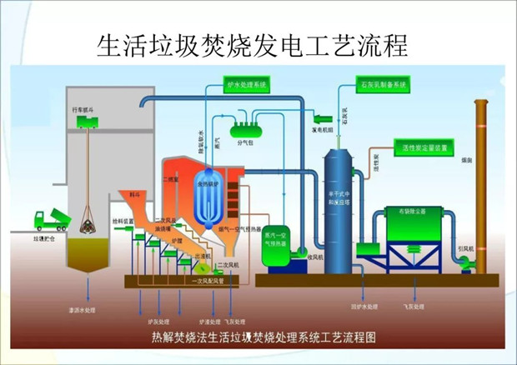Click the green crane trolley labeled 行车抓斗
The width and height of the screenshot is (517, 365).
tap(87, 122)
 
